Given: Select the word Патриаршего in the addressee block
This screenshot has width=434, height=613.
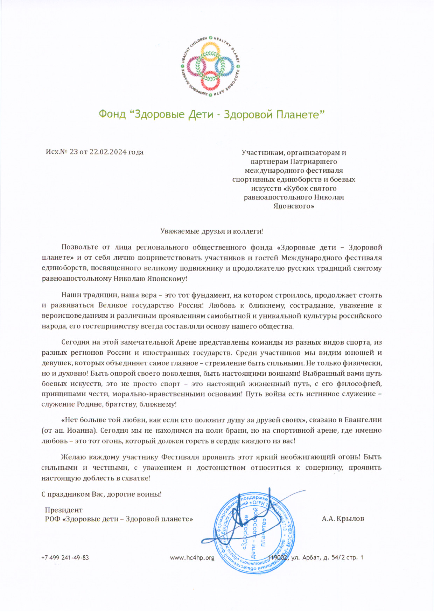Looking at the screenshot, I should tap(313, 162).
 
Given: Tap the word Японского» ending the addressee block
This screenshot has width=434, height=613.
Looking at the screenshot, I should tap(294, 206).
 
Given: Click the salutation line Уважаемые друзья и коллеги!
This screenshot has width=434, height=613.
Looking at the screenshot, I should tap(211, 231).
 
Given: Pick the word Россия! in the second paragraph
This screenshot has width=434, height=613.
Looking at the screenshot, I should tap(191, 305).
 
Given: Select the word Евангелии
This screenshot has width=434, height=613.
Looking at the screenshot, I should tap(363, 420).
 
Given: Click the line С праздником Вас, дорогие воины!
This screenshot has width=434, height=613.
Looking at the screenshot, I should tap(101, 495).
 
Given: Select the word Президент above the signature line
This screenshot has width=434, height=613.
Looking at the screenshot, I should tap(64, 510).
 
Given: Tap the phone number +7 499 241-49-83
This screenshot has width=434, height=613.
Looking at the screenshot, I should tap(65, 558).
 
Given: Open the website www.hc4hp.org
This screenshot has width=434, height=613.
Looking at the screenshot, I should tap(192, 558).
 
